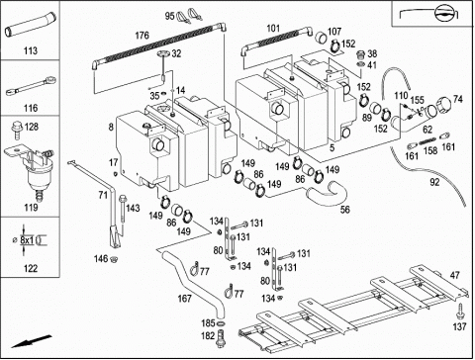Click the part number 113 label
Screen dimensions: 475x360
point(31,50)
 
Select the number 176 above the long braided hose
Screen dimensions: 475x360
point(142,36)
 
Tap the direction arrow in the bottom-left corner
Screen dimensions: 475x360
point(32,341)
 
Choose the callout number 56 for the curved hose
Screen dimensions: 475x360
point(344,210)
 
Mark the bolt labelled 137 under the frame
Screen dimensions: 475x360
point(459,311)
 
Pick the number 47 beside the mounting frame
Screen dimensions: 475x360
point(455,275)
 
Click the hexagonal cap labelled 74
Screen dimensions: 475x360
point(443,105)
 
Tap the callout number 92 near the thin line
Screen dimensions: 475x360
point(434,181)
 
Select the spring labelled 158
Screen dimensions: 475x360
point(427,141)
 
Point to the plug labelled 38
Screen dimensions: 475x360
point(361,54)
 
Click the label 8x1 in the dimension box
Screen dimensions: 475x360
point(27,240)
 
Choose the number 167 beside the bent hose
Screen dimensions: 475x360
point(184,299)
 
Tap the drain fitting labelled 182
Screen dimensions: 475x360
point(221,338)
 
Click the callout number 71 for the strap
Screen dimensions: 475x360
point(103,195)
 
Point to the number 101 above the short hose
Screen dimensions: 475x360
point(273,29)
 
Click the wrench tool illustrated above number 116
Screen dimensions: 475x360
point(31,85)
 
